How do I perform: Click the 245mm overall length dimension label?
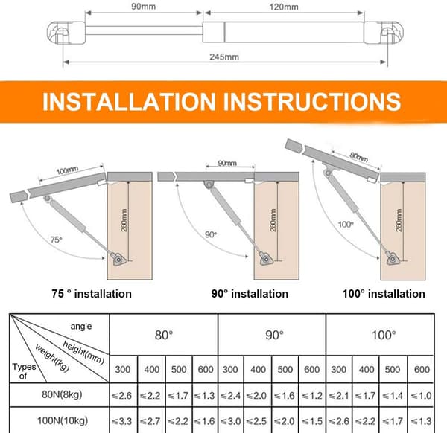[x=224, y=57]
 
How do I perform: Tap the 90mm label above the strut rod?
[x=143, y=7]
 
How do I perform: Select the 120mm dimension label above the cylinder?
[x=284, y=7]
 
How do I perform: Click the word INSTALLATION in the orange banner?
[x=129, y=102]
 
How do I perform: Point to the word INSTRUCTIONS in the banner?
[x=312, y=102]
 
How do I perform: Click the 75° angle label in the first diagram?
[x=56, y=240]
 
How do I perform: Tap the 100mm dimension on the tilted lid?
[x=67, y=170]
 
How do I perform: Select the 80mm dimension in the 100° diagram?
[x=358, y=156]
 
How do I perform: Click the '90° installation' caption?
[x=250, y=294]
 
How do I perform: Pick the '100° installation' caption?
[x=384, y=294]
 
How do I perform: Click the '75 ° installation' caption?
[x=92, y=294]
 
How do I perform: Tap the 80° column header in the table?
[x=164, y=335]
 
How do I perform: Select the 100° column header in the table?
[x=384, y=335]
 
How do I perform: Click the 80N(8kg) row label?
[x=62, y=394]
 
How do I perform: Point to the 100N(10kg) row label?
[x=63, y=420]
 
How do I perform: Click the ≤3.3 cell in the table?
[x=121, y=421]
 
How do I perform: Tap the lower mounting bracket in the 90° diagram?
[x=266, y=259]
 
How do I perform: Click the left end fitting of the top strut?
[x=66, y=33]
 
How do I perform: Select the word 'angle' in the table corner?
[x=81, y=327]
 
